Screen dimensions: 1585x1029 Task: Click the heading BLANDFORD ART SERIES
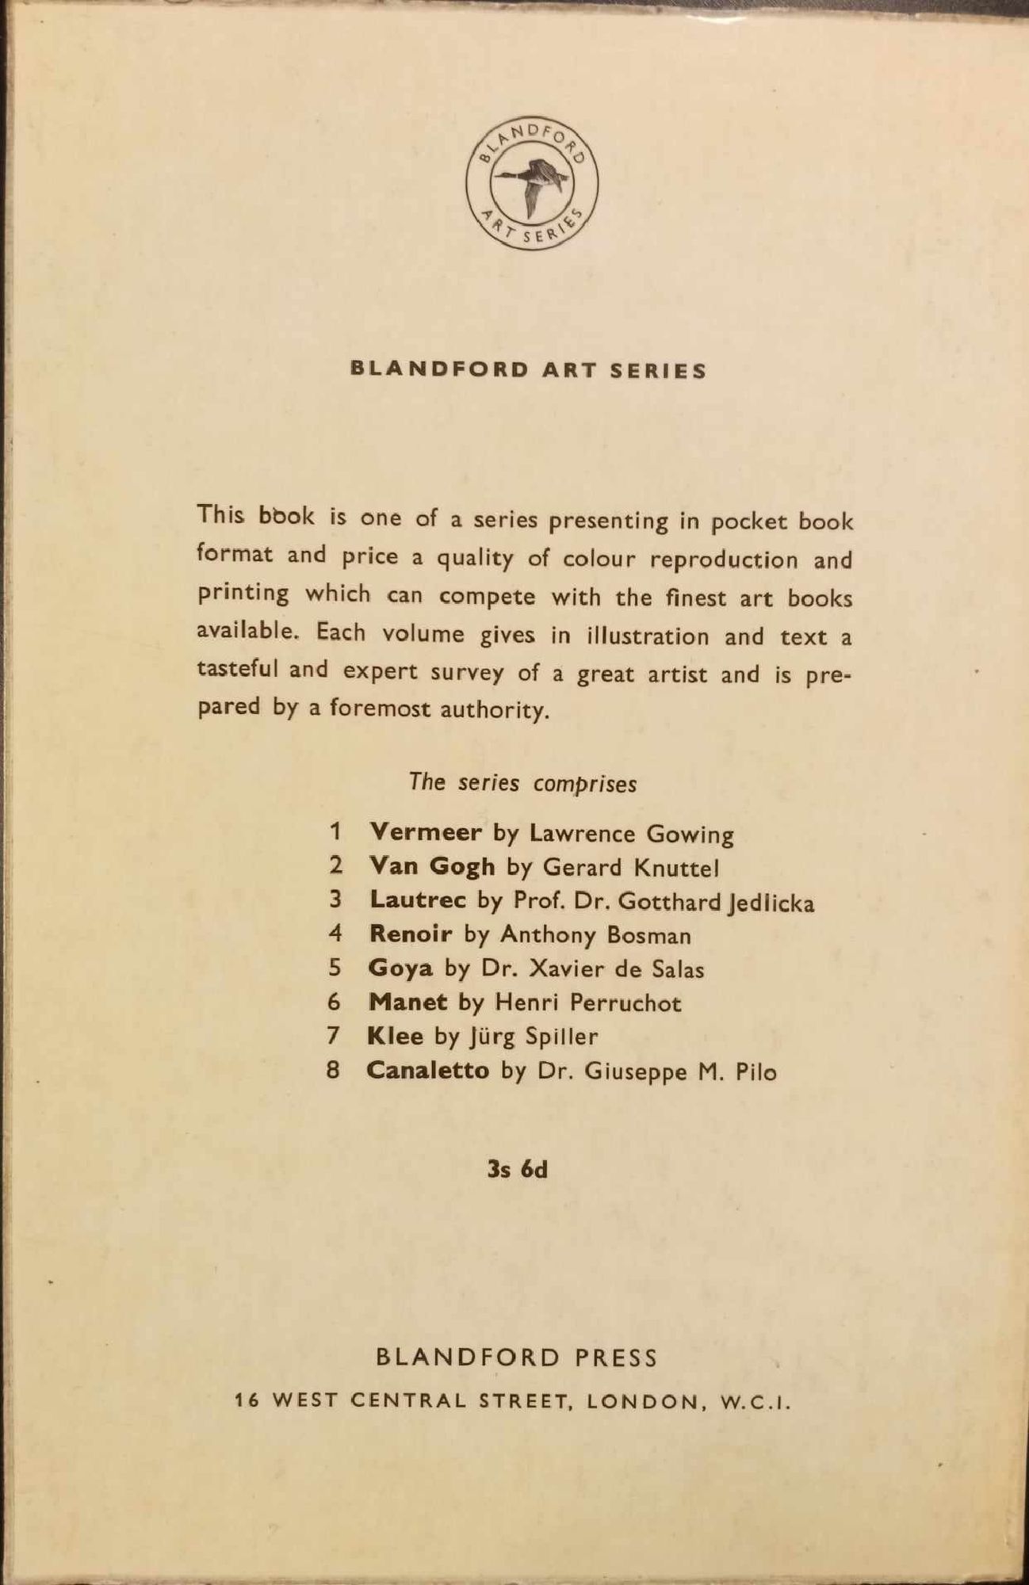(528, 370)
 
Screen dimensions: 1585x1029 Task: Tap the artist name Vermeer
(426, 832)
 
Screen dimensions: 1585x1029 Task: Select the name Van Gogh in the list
(432, 866)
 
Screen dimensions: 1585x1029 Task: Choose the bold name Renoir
(411, 934)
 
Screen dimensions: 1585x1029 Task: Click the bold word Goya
(400, 968)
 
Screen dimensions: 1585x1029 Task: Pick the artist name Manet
(407, 1003)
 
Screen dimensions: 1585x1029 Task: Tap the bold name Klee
(395, 1036)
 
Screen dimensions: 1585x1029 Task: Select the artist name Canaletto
(427, 1071)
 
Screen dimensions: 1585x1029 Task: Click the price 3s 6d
(518, 1170)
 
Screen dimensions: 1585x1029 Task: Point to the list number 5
(335, 968)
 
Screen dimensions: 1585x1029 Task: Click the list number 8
(334, 1071)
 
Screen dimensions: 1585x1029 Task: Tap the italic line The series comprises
(522, 783)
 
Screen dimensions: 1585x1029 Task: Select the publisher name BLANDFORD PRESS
(517, 1358)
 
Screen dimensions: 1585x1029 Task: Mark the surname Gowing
(690, 834)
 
